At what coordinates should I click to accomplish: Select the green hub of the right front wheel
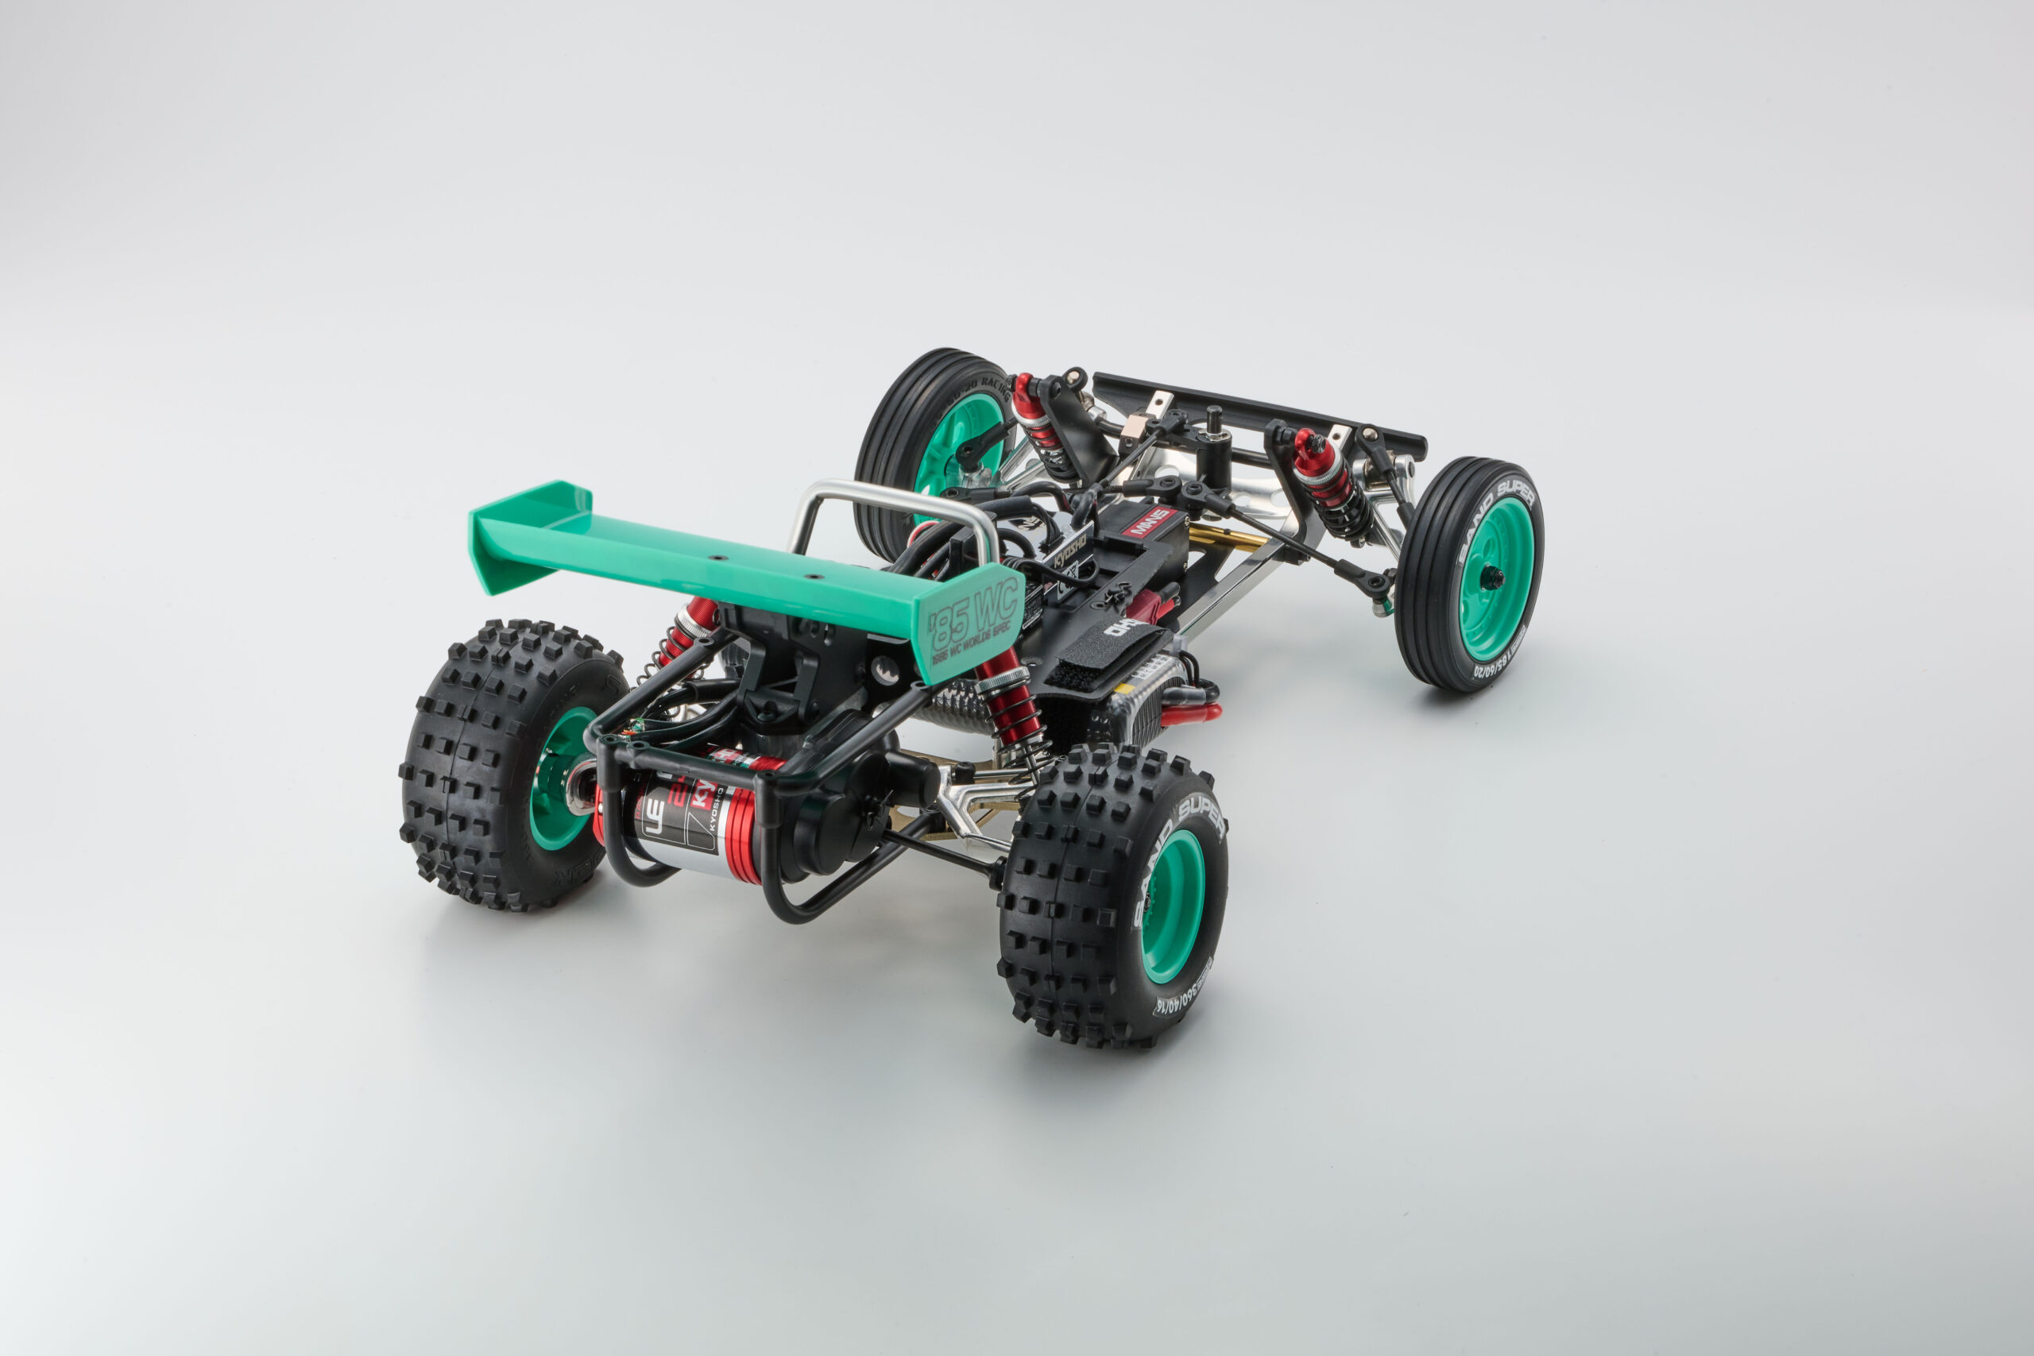click(1496, 578)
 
